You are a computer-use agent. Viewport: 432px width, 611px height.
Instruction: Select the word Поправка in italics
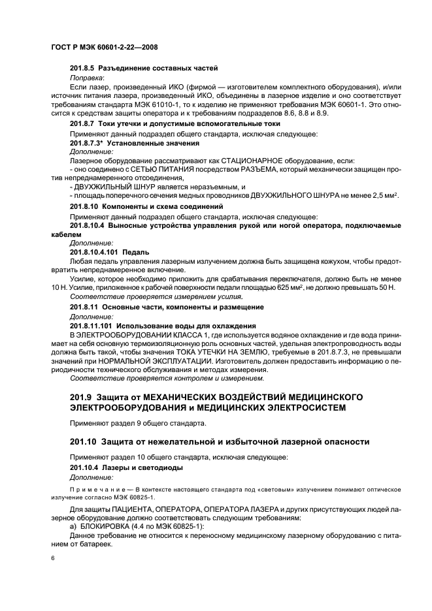click(x=86, y=77)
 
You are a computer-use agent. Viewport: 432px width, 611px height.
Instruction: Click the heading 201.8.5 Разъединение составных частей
click(x=143, y=68)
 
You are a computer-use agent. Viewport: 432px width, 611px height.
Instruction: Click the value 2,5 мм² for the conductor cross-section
click(x=383, y=196)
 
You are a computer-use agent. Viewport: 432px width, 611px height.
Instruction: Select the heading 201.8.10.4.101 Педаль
click(x=109, y=251)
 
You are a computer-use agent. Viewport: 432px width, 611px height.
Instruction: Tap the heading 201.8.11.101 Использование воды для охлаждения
click(x=162, y=324)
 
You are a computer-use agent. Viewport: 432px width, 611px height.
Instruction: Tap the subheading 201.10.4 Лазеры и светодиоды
click(x=126, y=468)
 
